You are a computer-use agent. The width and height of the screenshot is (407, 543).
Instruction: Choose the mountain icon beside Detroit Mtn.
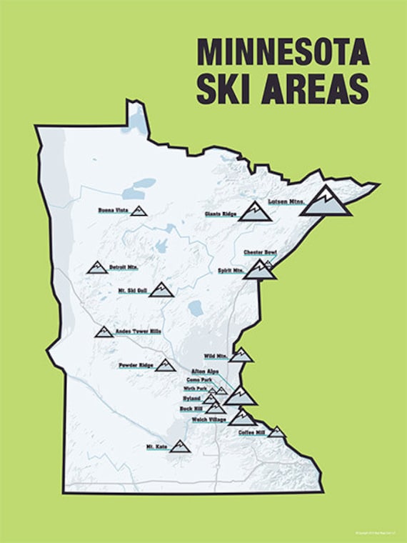[96, 267]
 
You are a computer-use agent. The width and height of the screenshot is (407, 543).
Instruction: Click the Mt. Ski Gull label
[133, 290]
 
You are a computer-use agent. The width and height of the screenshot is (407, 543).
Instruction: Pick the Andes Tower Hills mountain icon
[103, 332]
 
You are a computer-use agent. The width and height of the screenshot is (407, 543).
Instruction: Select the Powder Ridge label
[136, 365]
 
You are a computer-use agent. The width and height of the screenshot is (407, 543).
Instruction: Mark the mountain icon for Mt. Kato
[179, 447]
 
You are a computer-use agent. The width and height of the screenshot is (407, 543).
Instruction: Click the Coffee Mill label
[251, 432]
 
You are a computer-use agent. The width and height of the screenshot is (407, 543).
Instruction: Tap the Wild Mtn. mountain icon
[241, 355]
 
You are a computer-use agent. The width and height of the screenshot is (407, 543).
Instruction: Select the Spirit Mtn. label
[230, 271]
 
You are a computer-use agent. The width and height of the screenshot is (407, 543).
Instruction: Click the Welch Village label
[209, 419]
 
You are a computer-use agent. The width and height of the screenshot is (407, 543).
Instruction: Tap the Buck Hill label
[191, 408]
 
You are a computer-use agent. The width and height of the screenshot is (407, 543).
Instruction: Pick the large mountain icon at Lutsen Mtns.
[325, 202]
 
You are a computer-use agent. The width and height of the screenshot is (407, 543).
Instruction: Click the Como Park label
[199, 379]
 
